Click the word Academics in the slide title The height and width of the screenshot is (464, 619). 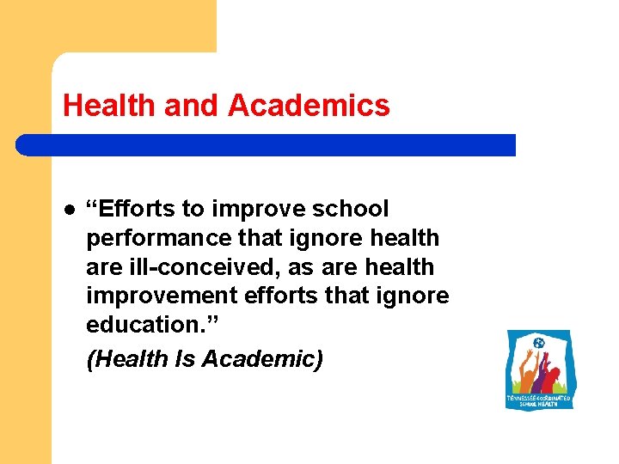pyautogui.click(x=309, y=106)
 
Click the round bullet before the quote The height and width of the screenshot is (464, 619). pyautogui.click(x=69, y=209)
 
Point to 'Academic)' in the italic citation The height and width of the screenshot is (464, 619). pyautogui.click(x=262, y=359)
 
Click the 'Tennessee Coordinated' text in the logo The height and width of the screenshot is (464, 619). pyautogui.click(x=539, y=398)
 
